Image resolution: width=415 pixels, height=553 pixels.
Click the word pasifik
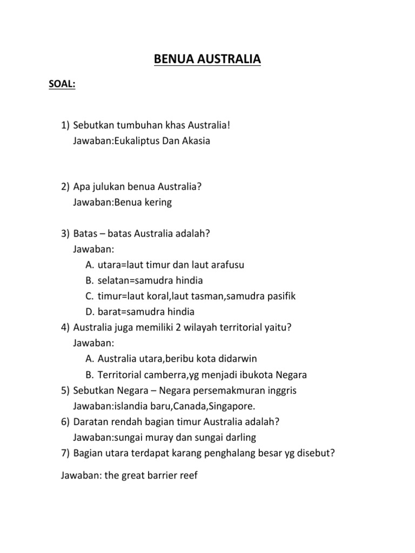tap(278, 296)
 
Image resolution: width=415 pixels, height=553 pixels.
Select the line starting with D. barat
tap(139, 312)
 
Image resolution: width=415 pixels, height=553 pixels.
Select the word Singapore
tap(229, 406)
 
